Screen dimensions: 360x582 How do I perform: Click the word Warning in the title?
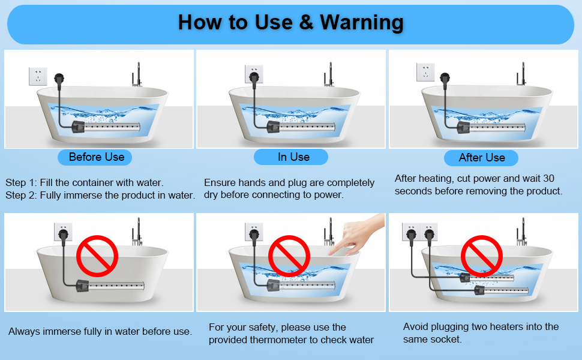coord(361,22)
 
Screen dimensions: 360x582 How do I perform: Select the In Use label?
coord(293,157)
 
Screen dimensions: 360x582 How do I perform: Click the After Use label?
coord(481,158)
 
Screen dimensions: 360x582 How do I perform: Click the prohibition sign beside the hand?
coord(288,255)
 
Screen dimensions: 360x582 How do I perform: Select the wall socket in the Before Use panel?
coord(38,77)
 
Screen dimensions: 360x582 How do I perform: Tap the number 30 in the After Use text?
coord(548,178)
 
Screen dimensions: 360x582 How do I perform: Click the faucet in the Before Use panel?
coord(137,75)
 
